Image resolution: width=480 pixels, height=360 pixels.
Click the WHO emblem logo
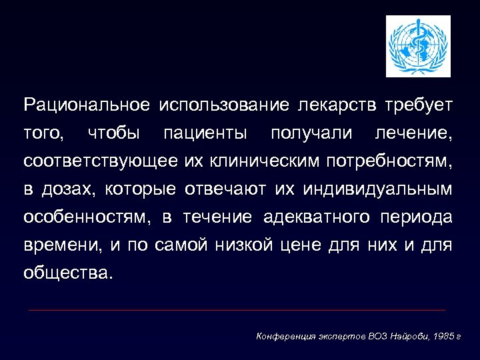[x=419, y=46]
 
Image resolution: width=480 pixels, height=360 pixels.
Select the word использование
[x=224, y=105]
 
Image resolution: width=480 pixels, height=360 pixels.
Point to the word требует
[x=419, y=105]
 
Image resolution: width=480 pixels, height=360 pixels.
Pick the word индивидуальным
[x=377, y=189]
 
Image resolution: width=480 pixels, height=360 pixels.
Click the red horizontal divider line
[x=237, y=310]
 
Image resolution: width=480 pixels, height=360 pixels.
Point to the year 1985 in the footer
[x=441, y=336]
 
